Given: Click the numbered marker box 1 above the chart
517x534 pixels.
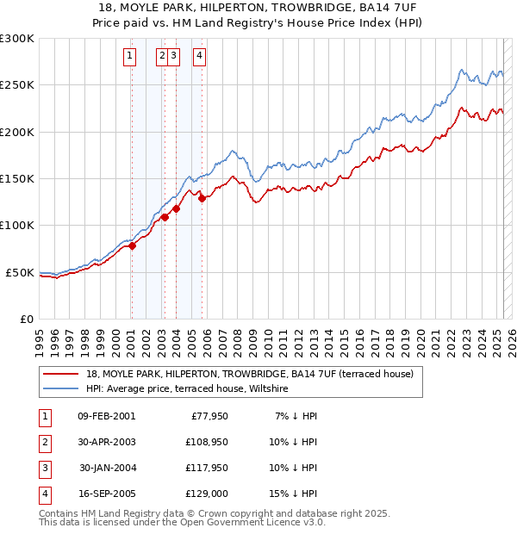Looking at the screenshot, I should coord(129,57).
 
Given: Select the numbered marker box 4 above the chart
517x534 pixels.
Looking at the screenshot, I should coord(199,57).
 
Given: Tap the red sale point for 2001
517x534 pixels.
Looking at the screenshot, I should coord(133,246).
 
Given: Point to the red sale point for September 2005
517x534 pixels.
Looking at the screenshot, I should coord(202,198).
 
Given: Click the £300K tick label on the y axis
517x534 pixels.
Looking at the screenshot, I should coord(17,39).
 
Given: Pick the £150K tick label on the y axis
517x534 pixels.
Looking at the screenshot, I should coord(17,178).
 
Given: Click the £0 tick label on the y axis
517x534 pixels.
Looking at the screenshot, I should coord(26,319).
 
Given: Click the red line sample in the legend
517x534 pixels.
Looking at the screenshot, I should coord(61,375).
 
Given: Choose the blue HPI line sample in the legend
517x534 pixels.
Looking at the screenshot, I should coord(61,389).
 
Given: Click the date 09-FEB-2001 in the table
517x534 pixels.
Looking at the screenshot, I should coord(106,416).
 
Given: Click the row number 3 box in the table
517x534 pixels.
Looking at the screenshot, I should coord(43,468).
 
